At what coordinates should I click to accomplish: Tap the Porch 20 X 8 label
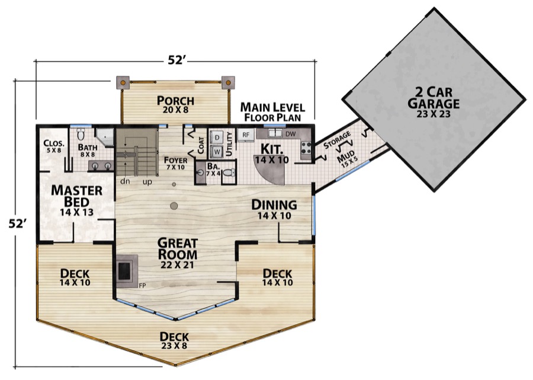click(175, 104)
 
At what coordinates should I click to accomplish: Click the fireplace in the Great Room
click(127, 271)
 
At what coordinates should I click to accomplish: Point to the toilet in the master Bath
click(81, 135)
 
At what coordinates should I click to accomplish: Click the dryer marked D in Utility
click(217, 138)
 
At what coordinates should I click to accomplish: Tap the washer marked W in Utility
click(217, 151)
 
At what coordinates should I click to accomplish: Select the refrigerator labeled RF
click(246, 135)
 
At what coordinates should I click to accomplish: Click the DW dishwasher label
click(290, 135)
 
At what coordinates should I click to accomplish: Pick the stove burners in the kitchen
click(306, 148)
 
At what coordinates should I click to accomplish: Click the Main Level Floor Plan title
click(272, 112)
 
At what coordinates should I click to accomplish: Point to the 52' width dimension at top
click(176, 60)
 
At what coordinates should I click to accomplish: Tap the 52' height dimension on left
click(17, 223)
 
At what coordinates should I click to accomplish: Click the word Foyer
click(175, 160)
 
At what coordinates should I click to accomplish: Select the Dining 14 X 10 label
click(274, 209)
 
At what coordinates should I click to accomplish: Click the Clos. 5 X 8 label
click(54, 146)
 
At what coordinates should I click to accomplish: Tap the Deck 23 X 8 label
click(174, 340)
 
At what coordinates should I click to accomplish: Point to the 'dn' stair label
click(125, 181)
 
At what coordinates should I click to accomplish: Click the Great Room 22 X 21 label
click(177, 254)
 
